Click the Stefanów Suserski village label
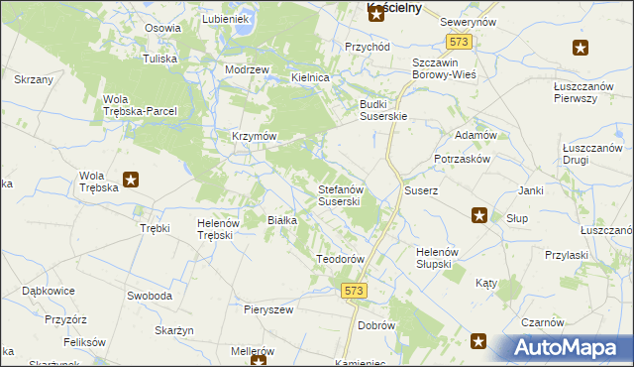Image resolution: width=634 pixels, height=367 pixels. tap(344, 194)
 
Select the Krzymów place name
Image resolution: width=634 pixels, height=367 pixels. tap(254, 136)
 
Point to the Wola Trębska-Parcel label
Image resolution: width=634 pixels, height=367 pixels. tap(140, 104)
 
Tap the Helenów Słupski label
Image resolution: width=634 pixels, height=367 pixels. tap(434, 257)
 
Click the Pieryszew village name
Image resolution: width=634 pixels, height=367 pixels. tap(268, 309)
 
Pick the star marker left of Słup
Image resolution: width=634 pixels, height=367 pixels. tap(479, 214)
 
